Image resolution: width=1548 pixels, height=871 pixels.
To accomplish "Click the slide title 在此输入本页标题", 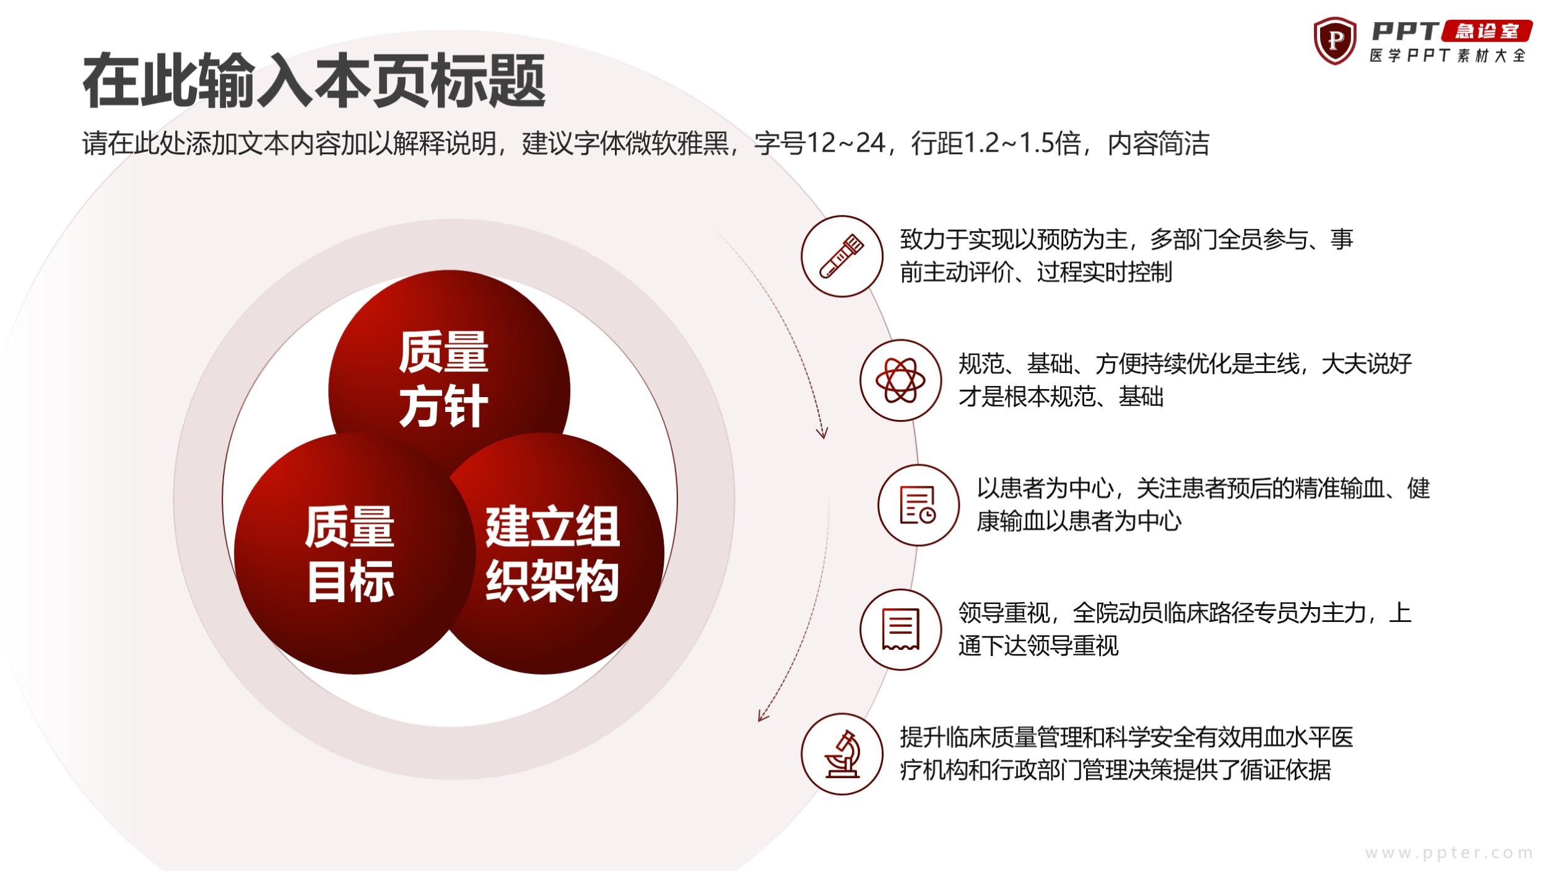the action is pyautogui.click(x=314, y=81).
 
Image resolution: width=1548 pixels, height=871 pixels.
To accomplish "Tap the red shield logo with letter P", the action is pyautogui.click(x=1334, y=41).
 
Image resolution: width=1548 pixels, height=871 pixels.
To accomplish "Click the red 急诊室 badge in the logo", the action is pyautogui.click(x=1487, y=31).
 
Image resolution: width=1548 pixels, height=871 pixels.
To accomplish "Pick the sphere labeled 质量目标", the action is pyautogui.click(x=350, y=553).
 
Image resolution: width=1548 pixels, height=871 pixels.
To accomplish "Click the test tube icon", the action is pyautogui.click(x=842, y=256).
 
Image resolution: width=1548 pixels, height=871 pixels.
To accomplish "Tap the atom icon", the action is pyautogui.click(x=901, y=380).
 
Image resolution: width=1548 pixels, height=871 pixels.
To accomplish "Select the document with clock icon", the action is pyautogui.click(x=918, y=505).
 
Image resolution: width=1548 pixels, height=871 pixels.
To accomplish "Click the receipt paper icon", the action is pyautogui.click(x=900, y=629).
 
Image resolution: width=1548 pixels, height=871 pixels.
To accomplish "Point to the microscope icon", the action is pyautogui.click(x=843, y=754).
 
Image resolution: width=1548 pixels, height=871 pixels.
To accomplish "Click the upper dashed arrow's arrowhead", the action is pyautogui.click(x=822, y=432).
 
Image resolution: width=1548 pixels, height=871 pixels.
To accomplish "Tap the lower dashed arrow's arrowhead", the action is pyautogui.click(x=763, y=715).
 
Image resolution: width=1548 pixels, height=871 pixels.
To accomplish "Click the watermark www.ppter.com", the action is pyautogui.click(x=1449, y=853).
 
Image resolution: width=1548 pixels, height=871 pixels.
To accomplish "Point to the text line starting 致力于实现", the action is pyautogui.click(x=1127, y=239).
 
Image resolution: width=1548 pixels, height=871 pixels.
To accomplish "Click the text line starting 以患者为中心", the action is pyautogui.click(x=1203, y=488).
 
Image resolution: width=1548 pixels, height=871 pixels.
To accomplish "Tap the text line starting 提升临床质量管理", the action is pyautogui.click(x=1127, y=737).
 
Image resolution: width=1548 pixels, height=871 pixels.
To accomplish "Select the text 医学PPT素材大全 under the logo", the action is pyautogui.click(x=1447, y=56).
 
